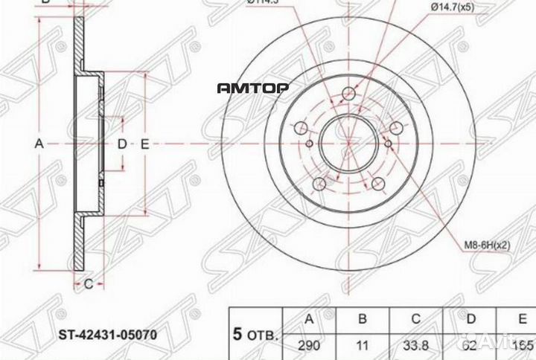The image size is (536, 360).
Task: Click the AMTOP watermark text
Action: (x=252, y=88)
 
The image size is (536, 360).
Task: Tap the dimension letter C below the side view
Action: (x=87, y=283)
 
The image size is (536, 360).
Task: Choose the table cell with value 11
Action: (x=363, y=345)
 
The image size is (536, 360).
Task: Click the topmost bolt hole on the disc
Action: (x=348, y=94)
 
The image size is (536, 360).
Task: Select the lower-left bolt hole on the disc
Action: (x=319, y=183)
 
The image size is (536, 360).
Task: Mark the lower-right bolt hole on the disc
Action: (x=377, y=183)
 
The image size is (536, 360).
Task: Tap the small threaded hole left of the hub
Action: (x=310, y=144)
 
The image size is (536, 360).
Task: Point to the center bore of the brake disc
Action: (x=348, y=144)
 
